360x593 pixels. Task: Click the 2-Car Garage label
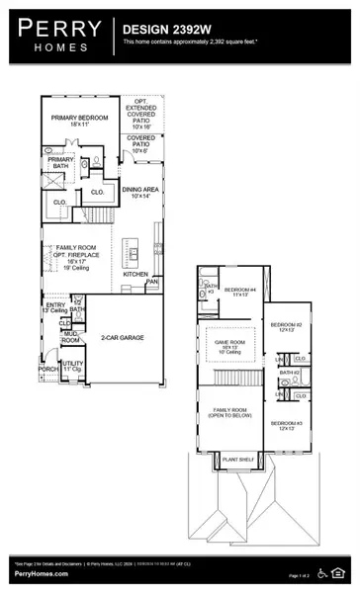tap(121, 338)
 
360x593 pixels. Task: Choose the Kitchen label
tap(135, 274)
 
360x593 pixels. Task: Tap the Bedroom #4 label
tap(239, 292)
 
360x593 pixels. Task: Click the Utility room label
tap(71, 366)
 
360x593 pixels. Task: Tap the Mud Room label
tap(71, 336)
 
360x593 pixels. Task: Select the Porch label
tap(48, 371)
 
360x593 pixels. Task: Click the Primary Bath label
tap(60, 163)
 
